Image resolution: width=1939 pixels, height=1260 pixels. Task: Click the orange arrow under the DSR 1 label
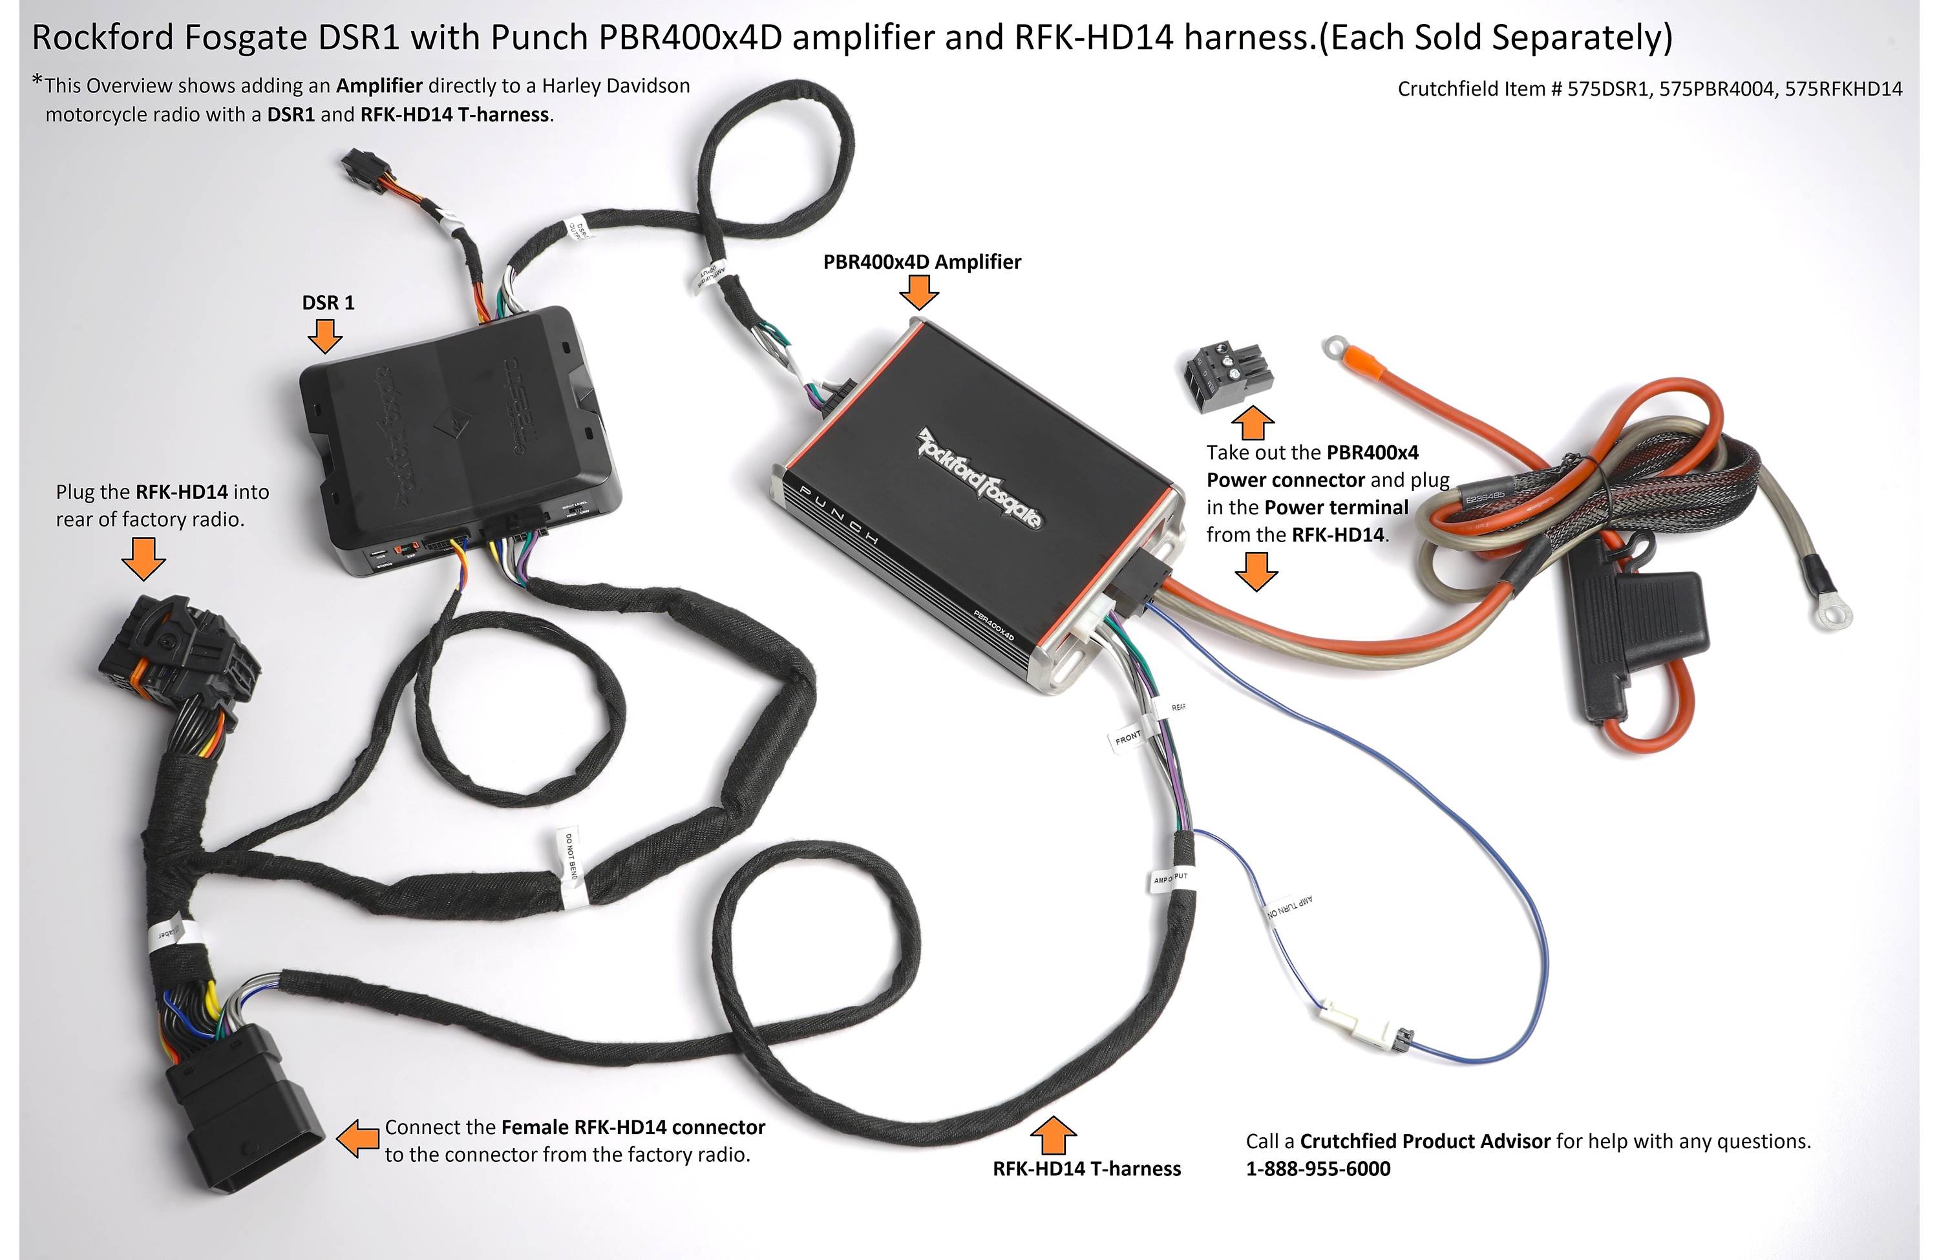coord(324,335)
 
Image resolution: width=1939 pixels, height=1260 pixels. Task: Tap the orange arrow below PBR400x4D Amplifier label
coord(919,291)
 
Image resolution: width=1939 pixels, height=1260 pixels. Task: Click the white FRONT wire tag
coord(1129,738)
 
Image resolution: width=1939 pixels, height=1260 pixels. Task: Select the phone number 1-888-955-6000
coord(1317,1168)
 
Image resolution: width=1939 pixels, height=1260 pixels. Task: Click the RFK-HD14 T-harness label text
coord(1086,1168)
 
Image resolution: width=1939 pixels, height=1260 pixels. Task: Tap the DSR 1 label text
coord(328,302)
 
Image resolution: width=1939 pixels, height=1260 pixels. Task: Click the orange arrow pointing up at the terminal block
coord(1252,422)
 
